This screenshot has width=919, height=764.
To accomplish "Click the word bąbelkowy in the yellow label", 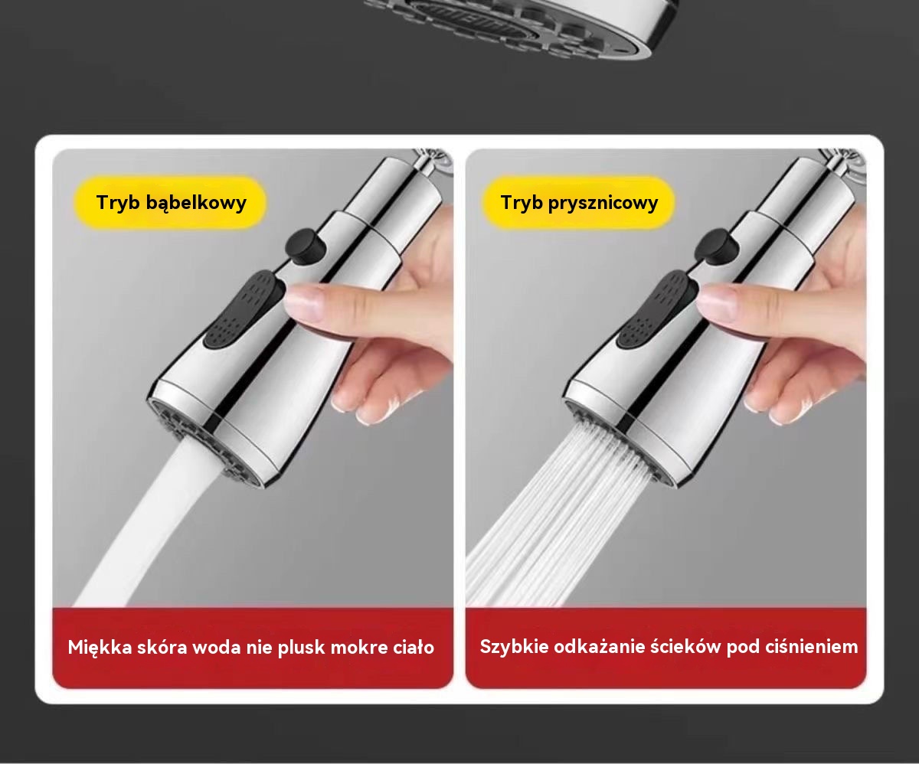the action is click(196, 203).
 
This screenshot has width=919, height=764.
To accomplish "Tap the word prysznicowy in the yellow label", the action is click(603, 204).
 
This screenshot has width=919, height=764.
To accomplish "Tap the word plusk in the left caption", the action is click(301, 648).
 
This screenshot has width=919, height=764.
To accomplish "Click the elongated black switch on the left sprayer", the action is click(244, 310).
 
